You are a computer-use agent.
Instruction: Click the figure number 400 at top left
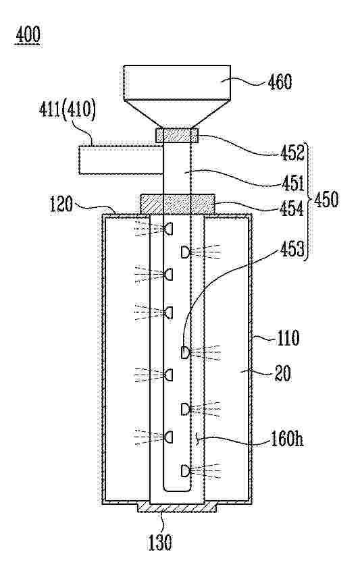click(28, 35)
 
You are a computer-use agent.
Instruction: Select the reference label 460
click(280, 82)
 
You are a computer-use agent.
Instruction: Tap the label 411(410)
click(68, 110)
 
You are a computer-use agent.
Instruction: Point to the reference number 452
click(292, 153)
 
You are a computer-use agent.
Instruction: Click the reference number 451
click(292, 184)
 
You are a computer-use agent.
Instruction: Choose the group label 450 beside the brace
click(326, 200)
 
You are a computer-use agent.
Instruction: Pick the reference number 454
click(292, 209)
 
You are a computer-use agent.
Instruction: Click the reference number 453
click(292, 250)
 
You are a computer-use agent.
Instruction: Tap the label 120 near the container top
click(61, 204)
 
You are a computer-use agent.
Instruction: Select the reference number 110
click(287, 338)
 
